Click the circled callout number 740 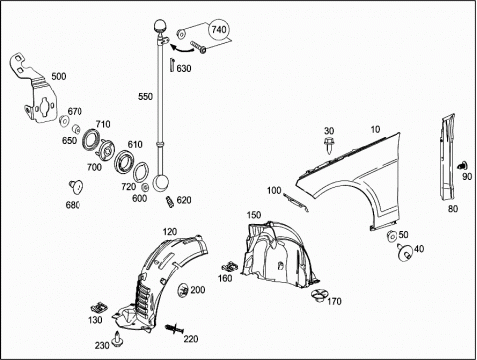coord(219,30)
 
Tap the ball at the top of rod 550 coord(160,26)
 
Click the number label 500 coord(59,76)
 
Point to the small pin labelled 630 coord(172,64)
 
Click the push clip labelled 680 coord(77,187)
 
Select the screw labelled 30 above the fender coord(329,145)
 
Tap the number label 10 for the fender coord(375,129)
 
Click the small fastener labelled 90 coord(462,166)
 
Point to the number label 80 coord(453,209)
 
